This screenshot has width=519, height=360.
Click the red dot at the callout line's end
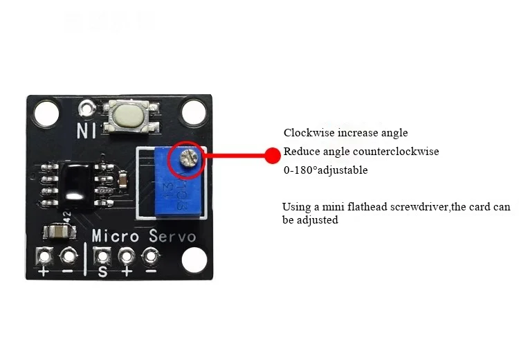[x=273, y=155]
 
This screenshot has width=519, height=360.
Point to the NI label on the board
[x=86, y=130]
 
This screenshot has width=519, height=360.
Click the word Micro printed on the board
[x=115, y=236]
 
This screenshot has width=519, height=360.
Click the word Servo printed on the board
[x=172, y=236]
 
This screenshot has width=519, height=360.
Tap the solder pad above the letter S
[x=102, y=256]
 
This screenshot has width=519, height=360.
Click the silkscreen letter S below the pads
[x=103, y=271]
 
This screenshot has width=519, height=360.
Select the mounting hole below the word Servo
[x=194, y=260]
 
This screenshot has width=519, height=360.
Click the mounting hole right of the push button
[x=194, y=111]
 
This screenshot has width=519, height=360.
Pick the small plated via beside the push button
[x=87, y=108]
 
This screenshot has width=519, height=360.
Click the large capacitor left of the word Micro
[x=60, y=231]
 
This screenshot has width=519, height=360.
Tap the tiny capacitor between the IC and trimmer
[x=122, y=179]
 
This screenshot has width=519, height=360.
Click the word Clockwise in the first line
[x=309, y=133]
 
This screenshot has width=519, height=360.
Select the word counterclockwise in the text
[x=396, y=152]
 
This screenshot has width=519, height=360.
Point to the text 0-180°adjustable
[x=326, y=170]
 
